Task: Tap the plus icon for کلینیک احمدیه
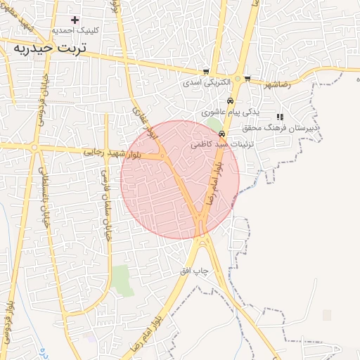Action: coord(75,20)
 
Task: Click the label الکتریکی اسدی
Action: coord(207,82)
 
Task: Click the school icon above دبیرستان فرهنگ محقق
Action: coord(280,117)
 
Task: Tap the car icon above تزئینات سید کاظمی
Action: coord(221,134)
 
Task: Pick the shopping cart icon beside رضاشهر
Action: coord(247,79)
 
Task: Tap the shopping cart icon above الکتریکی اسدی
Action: coord(206,72)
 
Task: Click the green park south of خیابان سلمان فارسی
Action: coord(122,279)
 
